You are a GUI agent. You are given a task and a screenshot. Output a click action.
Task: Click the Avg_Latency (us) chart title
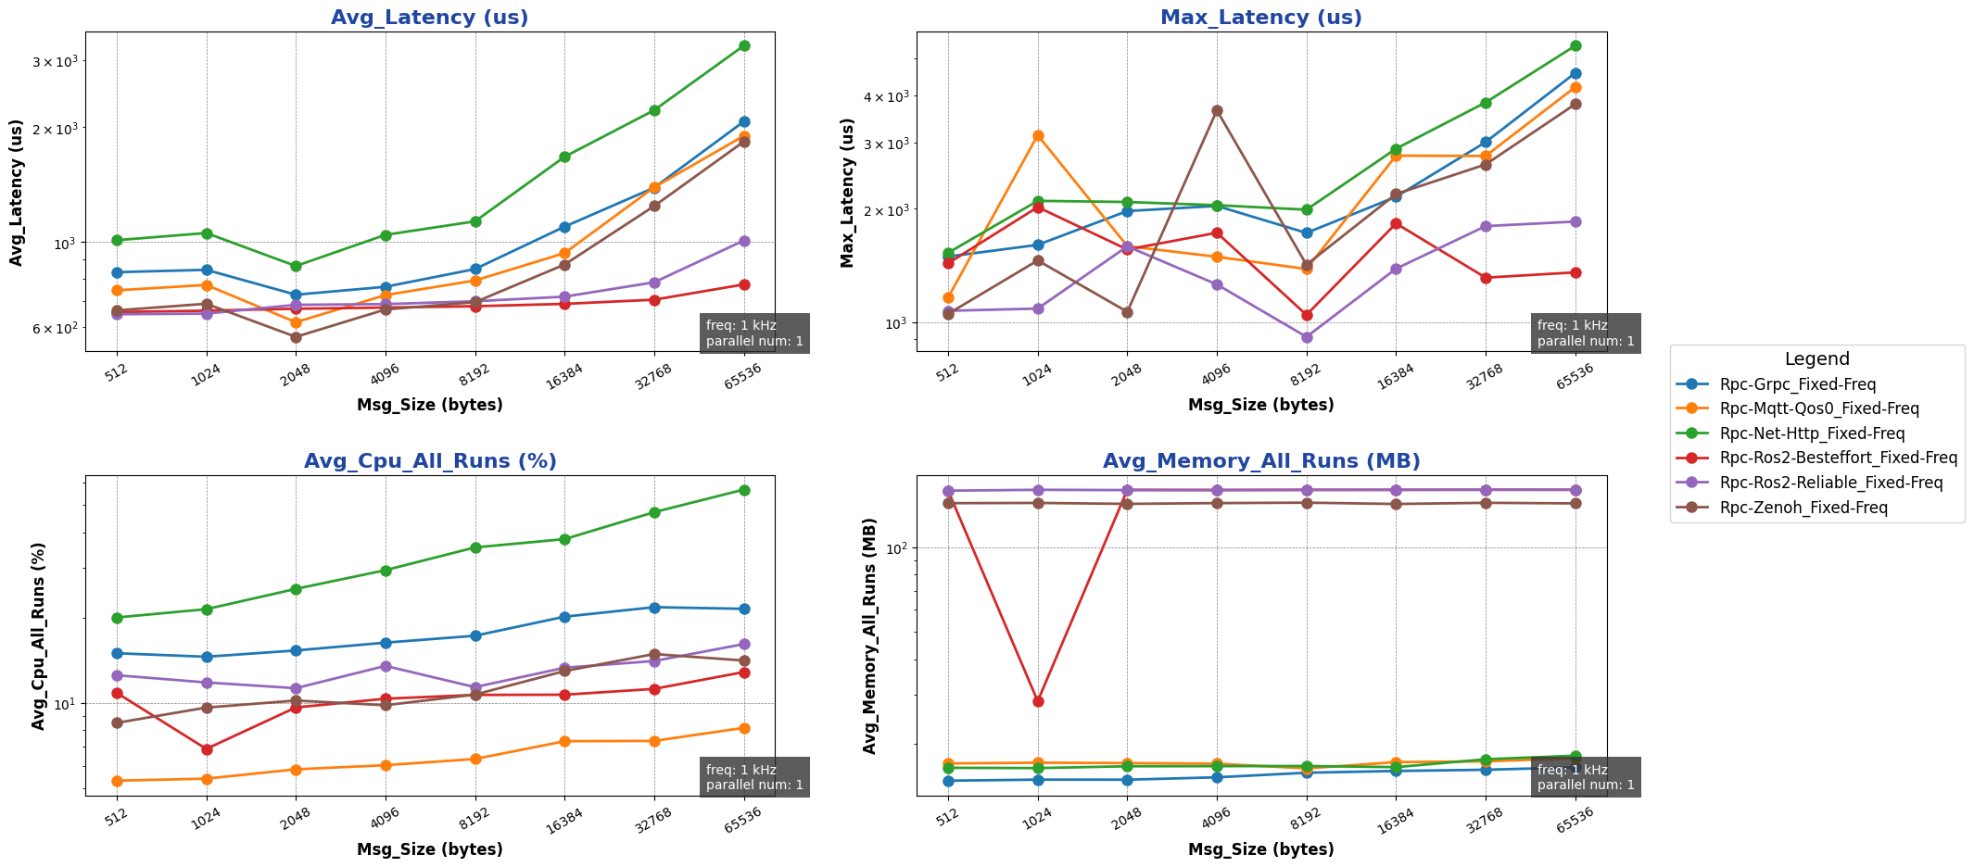coord(429,18)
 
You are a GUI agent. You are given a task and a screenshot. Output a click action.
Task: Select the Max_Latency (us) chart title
coord(1260,18)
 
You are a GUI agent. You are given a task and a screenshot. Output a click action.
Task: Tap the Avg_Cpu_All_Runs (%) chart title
coord(430,461)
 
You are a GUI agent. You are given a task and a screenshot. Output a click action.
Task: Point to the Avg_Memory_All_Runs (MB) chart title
coord(1260,461)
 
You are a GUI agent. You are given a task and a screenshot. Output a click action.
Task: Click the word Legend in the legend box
coord(1816,359)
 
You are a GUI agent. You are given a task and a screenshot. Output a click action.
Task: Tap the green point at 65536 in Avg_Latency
coord(744,45)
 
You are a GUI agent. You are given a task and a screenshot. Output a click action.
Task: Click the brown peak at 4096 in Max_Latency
coord(1217,111)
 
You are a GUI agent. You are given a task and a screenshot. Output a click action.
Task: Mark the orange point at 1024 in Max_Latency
coord(1038,135)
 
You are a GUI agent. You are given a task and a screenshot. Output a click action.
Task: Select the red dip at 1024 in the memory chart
coord(1038,701)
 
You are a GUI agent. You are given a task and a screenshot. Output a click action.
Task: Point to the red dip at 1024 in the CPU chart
coord(207,749)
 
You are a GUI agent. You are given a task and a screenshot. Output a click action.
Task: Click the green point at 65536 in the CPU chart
coord(744,490)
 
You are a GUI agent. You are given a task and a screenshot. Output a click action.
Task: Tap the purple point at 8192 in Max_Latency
coord(1307,337)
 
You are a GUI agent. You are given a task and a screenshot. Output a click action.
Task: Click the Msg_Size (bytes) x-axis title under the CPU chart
coord(429,849)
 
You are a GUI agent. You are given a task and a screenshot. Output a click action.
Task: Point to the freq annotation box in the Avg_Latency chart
coord(753,333)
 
